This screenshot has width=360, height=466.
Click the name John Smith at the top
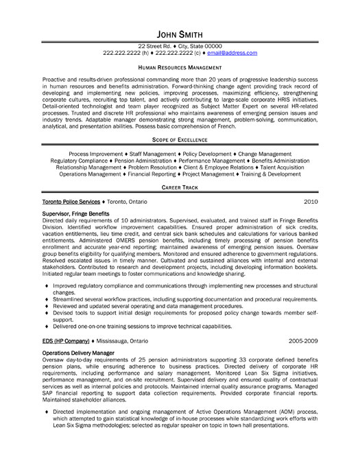(x=180, y=34)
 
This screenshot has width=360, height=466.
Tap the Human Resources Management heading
(x=180, y=68)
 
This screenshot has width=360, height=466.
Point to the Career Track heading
(x=180, y=187)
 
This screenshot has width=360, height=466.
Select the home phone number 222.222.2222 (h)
(x=125, y=53)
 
